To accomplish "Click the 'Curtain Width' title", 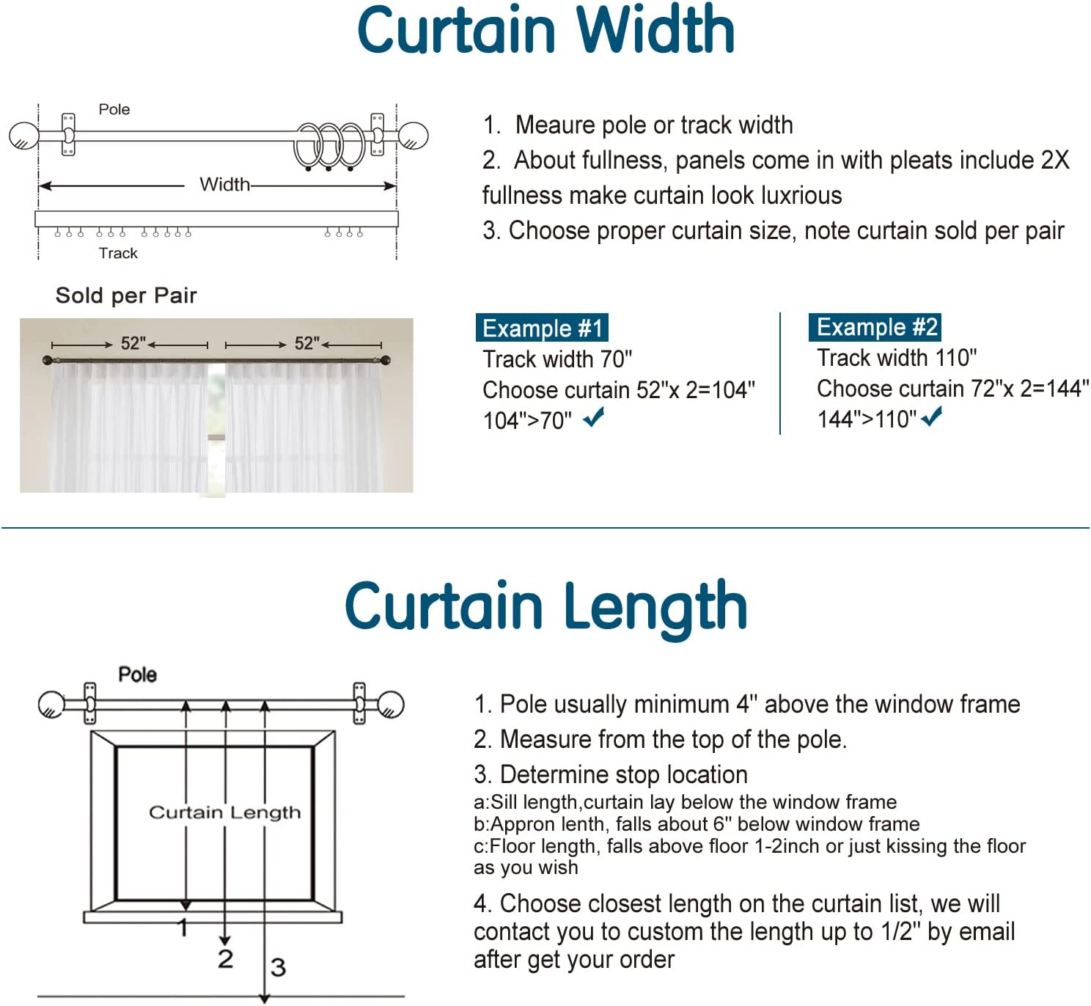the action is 545,29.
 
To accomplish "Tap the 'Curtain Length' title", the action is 545,606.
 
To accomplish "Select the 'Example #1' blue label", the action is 542,328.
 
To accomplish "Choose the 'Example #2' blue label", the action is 875,327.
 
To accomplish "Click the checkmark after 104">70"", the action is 593,417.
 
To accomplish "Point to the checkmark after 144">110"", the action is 932,416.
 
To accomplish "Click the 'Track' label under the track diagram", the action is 117,253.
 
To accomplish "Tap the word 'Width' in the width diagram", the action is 224,185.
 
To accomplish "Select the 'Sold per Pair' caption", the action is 126,295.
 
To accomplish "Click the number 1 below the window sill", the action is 183,928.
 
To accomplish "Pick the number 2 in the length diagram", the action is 225,959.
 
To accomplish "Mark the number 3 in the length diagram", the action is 278,968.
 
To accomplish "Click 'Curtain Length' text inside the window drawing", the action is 224,812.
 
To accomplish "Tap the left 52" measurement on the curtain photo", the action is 133,343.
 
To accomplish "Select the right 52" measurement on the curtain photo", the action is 306,343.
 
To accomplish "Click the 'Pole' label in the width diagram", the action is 114,109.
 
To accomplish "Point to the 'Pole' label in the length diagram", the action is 137,674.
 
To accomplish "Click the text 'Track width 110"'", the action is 897,358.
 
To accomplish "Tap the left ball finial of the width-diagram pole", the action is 24,136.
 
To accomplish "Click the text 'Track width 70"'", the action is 557,359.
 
